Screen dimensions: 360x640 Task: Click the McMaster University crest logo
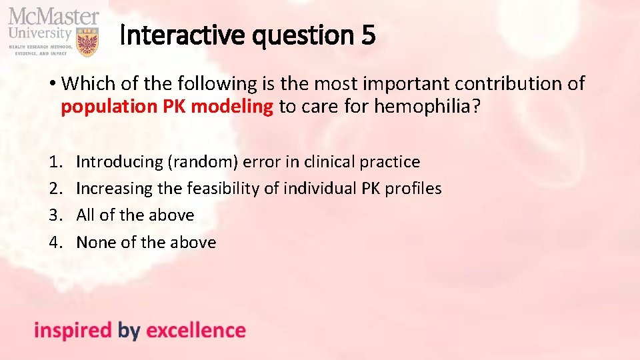tap(87, 41)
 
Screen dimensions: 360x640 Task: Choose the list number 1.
tap(54, 162)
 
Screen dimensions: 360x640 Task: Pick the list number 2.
tap(54, 189)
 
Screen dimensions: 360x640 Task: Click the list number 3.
tap(54, 215)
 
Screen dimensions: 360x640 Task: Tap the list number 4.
tap(54, 242)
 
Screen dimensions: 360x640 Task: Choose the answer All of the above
tap(135, 215)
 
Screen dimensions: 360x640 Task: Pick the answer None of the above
tap(146, 242)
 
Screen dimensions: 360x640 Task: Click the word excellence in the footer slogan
tap(195, 331)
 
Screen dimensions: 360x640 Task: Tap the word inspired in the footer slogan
tap(73, 331)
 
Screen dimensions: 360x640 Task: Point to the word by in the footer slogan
tap(129, 331)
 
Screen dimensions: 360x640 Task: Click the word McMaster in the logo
tap(53, 16)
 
